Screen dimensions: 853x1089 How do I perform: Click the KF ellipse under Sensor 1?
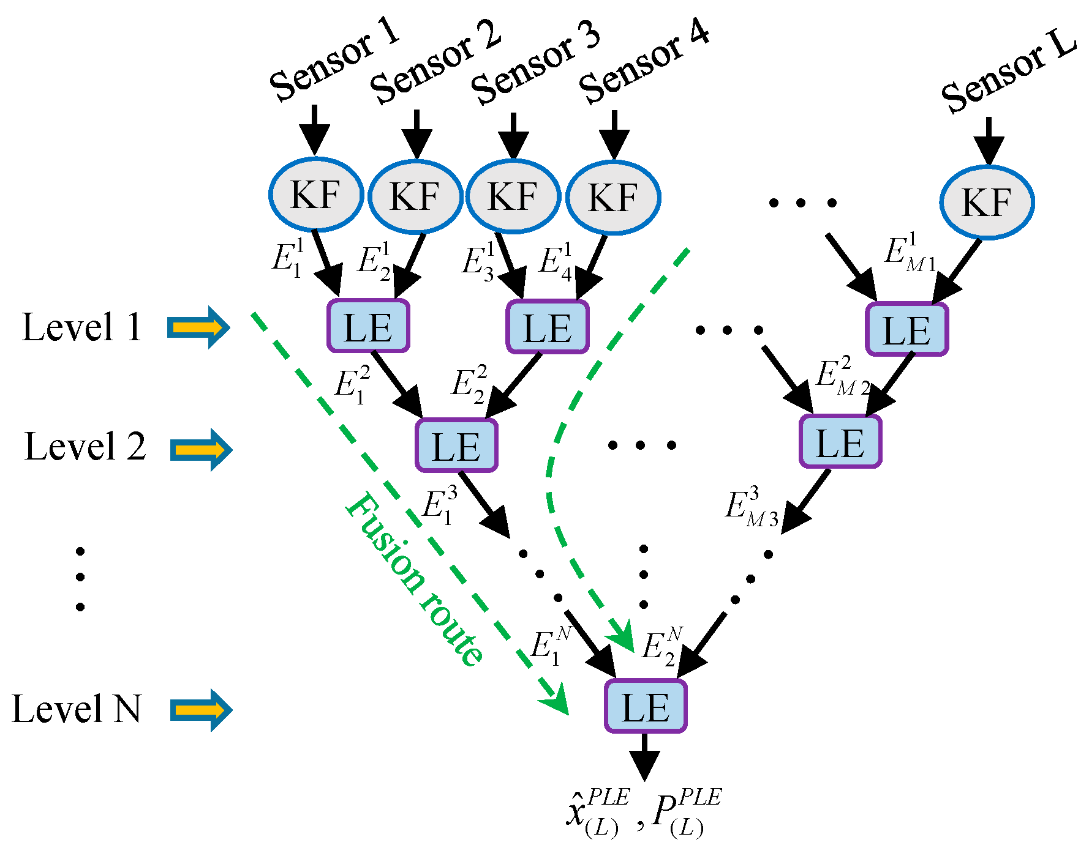tap(316, 195)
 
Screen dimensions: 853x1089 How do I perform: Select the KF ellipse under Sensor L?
tap(987, 202)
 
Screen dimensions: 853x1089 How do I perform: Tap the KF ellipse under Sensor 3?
tap(513, 196)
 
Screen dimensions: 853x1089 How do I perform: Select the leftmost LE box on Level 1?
tap(368, 326)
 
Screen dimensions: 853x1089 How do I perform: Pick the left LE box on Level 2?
tap(456, 445)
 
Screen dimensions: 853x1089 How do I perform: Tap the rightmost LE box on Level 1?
tap(906, 329)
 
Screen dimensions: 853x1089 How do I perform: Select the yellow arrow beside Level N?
tap(201, 710)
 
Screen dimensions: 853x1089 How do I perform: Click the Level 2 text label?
tap(85, 446)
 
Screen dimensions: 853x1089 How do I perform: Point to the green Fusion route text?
tap(414, 578)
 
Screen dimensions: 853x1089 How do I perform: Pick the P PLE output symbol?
tap(686, 812)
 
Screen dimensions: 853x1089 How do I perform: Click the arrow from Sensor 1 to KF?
tap(314, 130)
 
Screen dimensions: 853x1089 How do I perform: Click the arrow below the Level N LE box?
tap(644, 757)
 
